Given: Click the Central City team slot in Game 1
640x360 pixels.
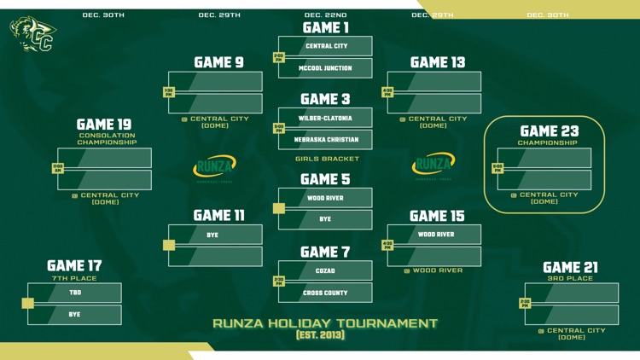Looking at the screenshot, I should coord(326,46).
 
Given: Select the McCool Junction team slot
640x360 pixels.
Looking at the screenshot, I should coord(326,68).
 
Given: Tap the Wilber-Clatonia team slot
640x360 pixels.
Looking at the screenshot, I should coord(326,119).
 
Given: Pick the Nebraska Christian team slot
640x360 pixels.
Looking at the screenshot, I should coord(326,139).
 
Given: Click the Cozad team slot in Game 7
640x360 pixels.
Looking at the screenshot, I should coord(326,271).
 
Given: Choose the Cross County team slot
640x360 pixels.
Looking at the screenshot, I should coord(326,293).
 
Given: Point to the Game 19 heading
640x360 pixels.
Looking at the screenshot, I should coord(106,125).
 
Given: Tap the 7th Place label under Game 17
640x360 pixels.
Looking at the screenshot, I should coord(74,278).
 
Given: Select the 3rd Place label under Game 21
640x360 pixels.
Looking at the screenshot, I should coord(571,279).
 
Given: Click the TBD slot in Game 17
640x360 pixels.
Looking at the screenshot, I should coord(75,293).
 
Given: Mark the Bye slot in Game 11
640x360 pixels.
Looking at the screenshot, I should coord(212,235).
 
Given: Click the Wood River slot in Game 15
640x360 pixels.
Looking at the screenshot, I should coord(436,235).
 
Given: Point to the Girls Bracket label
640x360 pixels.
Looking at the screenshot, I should coord(327,159).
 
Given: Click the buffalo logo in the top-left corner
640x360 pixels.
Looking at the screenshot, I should coord(33,35).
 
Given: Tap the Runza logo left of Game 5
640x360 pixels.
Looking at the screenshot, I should coord(215,165).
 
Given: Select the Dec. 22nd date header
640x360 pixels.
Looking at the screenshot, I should coord(326,15).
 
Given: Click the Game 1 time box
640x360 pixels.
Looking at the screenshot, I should coord(279,57).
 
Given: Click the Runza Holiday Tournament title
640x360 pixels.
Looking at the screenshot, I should coord(325,323).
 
